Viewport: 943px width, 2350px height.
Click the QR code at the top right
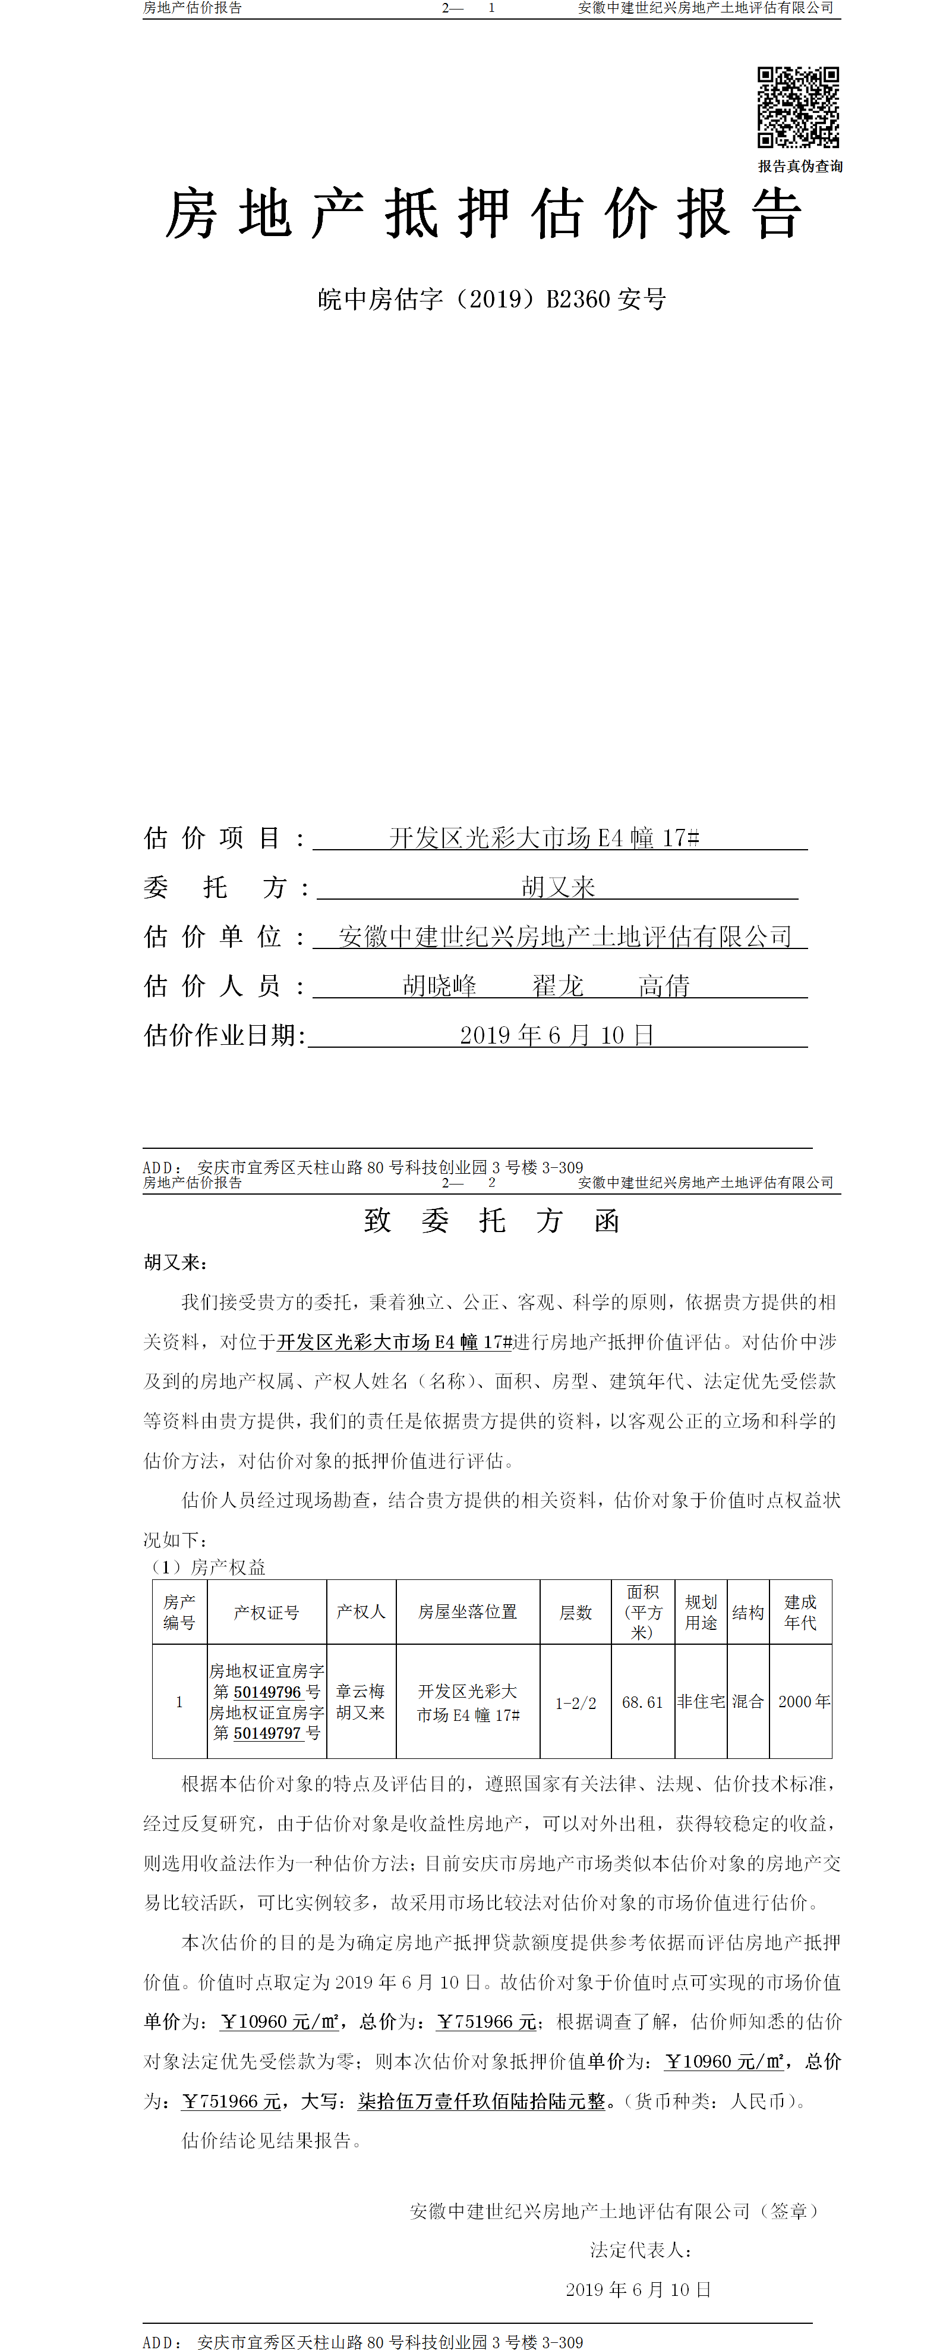798,106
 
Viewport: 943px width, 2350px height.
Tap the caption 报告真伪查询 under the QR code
800,166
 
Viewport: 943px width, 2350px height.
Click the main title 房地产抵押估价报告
483,215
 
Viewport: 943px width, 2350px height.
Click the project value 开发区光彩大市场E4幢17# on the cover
544,837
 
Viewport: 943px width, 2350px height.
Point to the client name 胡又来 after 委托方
558,887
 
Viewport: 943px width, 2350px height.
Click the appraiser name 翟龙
557,986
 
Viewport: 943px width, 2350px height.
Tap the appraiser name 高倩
664,986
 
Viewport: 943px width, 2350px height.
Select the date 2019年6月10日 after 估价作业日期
556,1035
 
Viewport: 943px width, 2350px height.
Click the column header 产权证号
266,1612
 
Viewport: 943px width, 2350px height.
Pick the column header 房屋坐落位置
468,1612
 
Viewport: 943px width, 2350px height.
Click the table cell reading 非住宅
701,1701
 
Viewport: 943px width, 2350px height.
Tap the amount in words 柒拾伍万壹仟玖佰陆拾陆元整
481,2101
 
